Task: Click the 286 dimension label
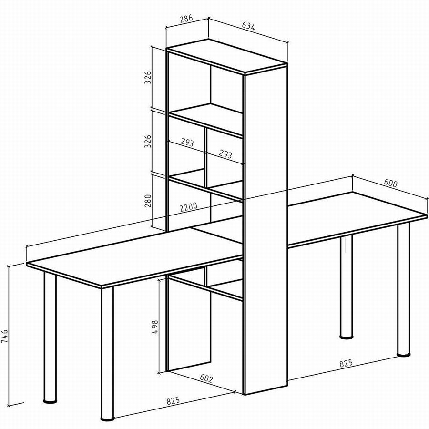tap(186, 19)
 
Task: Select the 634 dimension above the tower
tap(248, 26)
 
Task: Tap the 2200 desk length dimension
tap(188, 206)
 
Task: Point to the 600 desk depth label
tap(390, 183)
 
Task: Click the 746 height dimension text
tap(5, 336)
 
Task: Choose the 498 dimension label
tap(155, 327)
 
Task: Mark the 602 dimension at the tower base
tap(206, 378)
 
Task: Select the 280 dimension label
tap(148, 201)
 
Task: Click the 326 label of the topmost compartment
tap(148, 77)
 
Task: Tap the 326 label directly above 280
tap(148, 141)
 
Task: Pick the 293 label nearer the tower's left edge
tap(187, 142)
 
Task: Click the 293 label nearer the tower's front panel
tap(225, 154)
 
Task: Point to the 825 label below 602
tap(173, 401)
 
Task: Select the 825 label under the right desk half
tap(346, 363)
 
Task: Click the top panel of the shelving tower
tap(226, 57)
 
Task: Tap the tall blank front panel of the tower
tap(266, 230)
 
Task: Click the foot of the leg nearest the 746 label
tap(51, 401)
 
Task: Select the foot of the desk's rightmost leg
tap(404, 355)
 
